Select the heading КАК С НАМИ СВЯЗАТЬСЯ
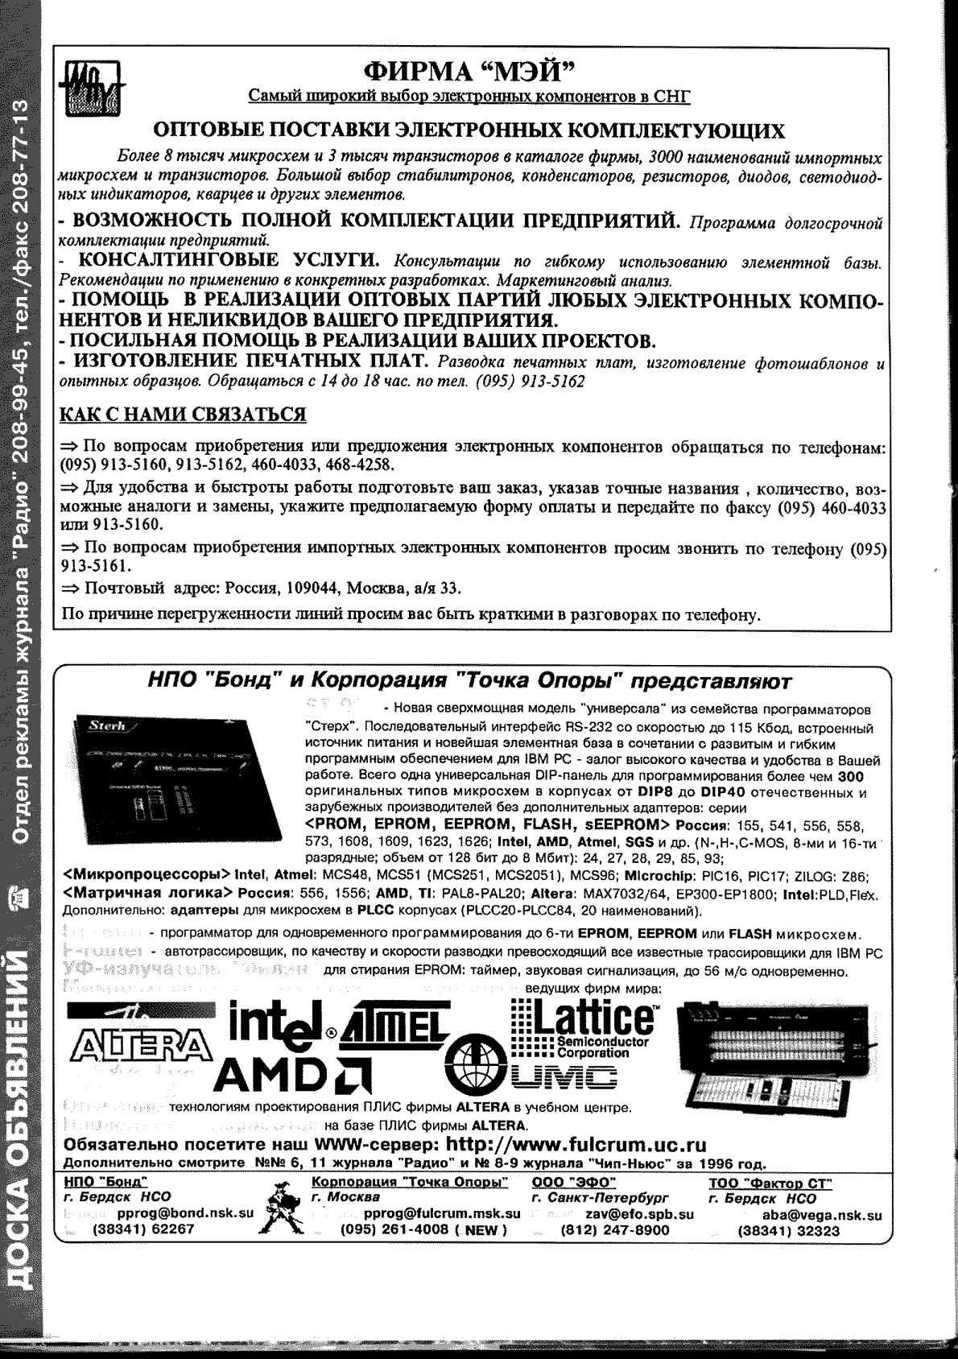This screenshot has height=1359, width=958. pyautogui.click(x=184, y=415)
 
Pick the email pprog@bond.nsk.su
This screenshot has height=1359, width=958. pyautogui.click(x=186, y=1212)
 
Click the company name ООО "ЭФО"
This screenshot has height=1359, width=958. pyautogui.click(x=573, y=1182)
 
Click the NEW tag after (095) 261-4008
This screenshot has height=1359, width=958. pyautogui.click(x=481, y=1230)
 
